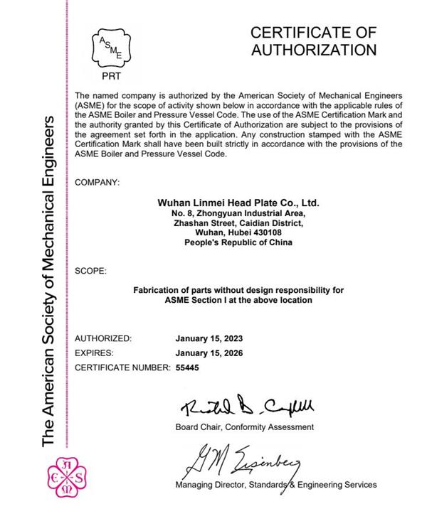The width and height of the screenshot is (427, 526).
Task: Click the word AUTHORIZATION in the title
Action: [x=314, y=50]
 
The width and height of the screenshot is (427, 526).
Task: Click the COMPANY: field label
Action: [x=97, y=183]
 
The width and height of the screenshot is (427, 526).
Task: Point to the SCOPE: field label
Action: [x=90, y=271]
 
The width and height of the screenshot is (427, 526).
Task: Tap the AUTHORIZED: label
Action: [x=103, y=338]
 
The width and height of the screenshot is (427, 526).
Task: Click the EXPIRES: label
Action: [x=95, y=353]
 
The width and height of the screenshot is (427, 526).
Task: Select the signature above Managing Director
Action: [x=242, y=463]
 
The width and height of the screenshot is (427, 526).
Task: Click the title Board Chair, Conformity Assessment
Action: [x=244, y=427]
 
